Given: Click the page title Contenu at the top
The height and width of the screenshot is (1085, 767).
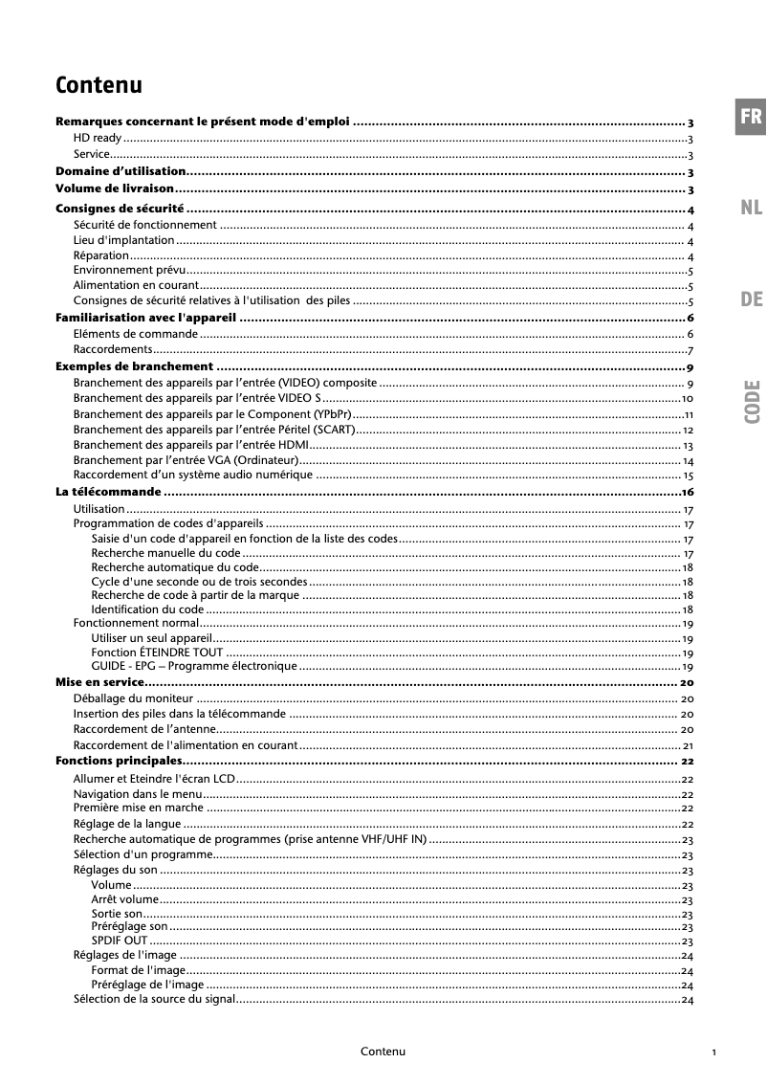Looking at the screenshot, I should pos(99,85).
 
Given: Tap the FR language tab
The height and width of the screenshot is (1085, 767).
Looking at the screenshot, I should pos(751,118).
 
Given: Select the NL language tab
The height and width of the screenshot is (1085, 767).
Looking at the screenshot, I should pos(751,208).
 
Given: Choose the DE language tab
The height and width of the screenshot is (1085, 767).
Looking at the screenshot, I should pos(751,299).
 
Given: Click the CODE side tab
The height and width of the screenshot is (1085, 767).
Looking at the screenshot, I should pos(752,402).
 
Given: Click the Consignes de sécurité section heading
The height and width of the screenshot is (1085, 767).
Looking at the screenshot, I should pos(120,209).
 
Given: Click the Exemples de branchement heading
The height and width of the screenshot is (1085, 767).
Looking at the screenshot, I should pos(135,366).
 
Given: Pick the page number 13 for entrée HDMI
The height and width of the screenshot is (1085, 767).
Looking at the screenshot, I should pos(688,446).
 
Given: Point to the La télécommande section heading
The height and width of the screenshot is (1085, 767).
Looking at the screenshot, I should pos(108,492).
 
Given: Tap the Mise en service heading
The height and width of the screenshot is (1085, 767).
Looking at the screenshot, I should pos(99,682).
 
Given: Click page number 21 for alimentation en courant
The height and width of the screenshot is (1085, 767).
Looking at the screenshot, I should pos(688,745).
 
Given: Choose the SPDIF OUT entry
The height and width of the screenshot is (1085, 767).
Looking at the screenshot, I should pos(120,941).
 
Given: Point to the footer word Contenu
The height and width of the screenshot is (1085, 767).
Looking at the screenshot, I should pos(383,1052).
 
